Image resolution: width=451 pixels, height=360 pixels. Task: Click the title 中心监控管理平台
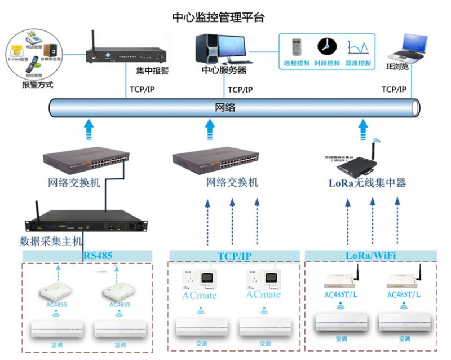(218, 17)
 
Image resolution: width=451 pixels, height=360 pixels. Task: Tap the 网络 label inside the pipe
(225, 107)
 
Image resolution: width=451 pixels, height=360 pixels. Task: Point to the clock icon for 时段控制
(326, 47)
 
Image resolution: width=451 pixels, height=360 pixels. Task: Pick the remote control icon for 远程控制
(297, 47)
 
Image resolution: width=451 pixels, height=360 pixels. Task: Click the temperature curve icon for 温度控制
(358, 47)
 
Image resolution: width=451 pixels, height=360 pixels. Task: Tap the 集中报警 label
(152, 71)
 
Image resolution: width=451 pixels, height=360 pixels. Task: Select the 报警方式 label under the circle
(37, 85)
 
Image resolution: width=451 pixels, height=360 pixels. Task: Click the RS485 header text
(98, 255)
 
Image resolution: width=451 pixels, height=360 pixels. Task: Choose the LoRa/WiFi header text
(370, 255)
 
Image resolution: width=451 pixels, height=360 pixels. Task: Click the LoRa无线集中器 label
(367, 183)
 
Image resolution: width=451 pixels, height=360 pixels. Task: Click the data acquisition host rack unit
(86, 222)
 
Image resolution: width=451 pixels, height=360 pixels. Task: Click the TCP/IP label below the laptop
(394, 90)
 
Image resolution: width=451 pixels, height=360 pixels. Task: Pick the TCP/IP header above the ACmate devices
(235, 256)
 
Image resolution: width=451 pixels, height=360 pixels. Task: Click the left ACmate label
(199, 295)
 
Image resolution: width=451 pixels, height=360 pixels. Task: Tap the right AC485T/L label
(404, 295)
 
